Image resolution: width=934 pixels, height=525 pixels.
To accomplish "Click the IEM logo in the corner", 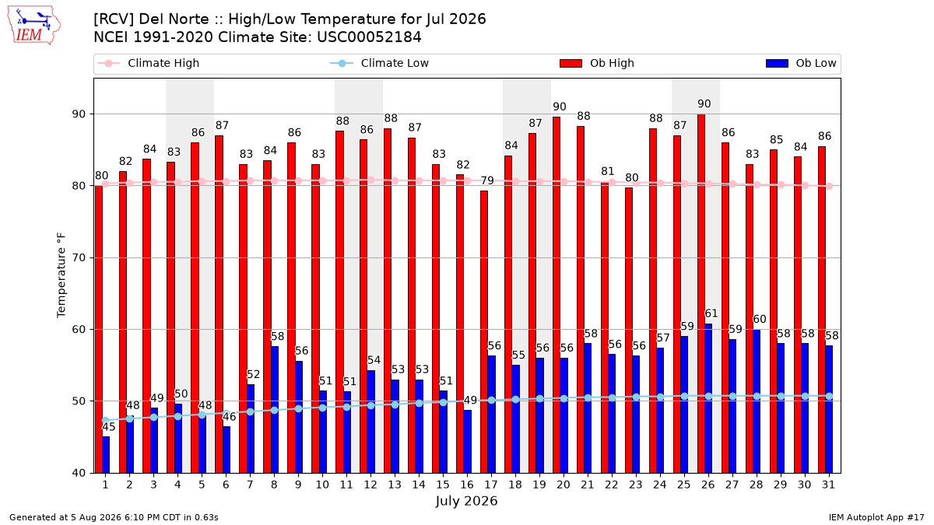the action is (33, 26).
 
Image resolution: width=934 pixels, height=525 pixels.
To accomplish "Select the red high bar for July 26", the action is (701, 293).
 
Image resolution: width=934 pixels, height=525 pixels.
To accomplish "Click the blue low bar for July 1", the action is (106, 454).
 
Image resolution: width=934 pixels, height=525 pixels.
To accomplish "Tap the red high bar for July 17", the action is (483, 331).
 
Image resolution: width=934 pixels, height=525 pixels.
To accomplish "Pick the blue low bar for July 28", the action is (757, 401).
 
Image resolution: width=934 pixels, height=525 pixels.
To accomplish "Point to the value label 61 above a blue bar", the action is (711, 313).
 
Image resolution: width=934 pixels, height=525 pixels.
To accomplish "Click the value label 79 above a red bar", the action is (487, 180).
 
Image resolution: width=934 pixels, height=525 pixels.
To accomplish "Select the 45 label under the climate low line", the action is (109, 427).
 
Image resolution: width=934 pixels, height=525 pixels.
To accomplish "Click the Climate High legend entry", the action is (148, 63).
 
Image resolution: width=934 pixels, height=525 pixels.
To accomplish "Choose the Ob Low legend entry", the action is (801, 63).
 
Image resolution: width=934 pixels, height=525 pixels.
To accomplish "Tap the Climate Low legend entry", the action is (380, 63).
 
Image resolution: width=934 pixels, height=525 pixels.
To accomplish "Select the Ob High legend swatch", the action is (571, 63).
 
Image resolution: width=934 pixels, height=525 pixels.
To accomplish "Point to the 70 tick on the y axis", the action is (79, 258).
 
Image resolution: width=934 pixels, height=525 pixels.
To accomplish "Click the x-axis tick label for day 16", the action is (467, 485).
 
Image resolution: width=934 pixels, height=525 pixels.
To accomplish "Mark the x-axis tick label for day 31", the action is (828, 485).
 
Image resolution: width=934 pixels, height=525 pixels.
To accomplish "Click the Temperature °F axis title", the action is (61, 275).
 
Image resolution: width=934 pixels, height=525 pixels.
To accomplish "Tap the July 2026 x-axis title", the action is (466, 501).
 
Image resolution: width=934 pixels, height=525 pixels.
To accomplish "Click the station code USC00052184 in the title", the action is (369, 37).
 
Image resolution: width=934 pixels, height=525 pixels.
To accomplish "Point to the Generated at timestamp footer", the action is (114, 517).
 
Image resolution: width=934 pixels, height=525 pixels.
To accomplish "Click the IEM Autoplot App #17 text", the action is (876, 517).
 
